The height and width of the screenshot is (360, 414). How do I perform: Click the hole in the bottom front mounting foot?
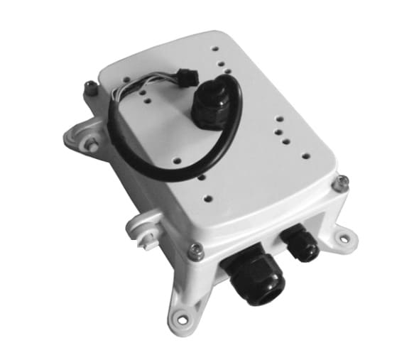point(183,320)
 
